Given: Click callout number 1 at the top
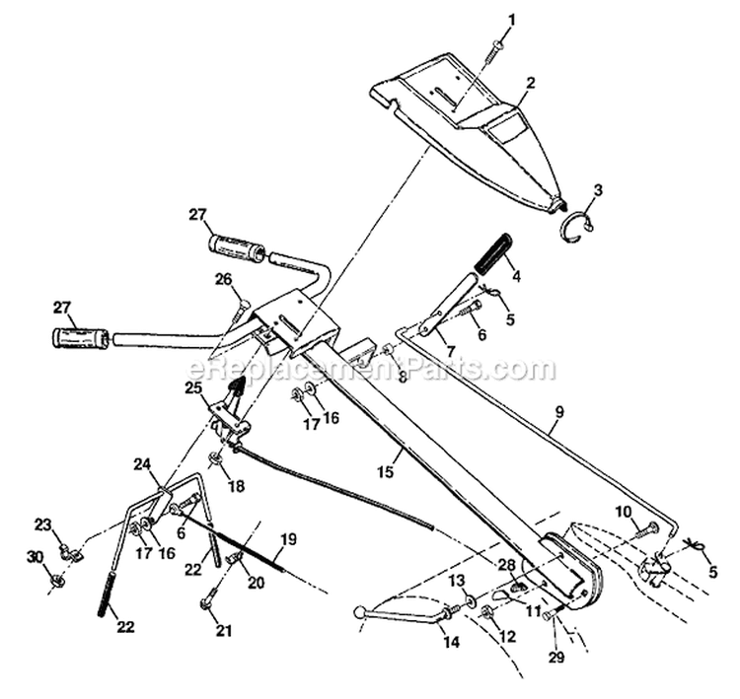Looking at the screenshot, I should tap(512, 19).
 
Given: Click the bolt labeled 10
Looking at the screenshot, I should tap(649, 529).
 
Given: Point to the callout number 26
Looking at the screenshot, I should tap(224, 279).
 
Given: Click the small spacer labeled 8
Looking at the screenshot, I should tap(389, 352).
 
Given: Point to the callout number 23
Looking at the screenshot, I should tap(43, 524).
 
